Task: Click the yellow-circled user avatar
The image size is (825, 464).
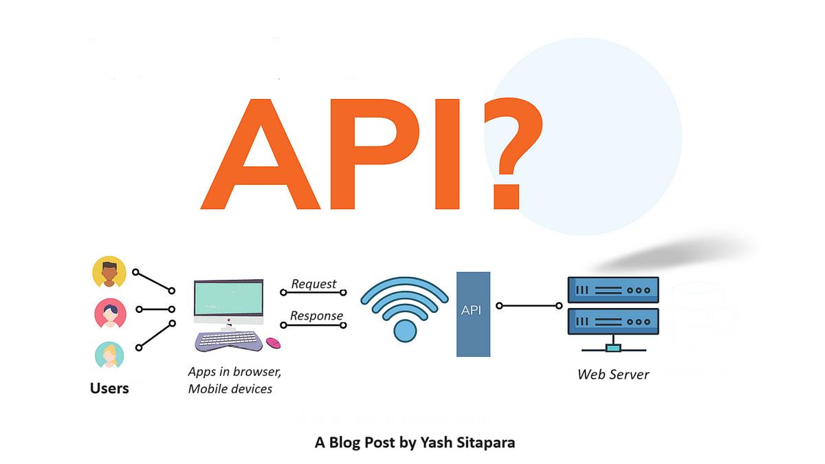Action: click(109, 273)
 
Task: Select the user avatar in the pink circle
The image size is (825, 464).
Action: click(110, 313)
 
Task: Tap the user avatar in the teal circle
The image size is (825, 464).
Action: click(109, 355)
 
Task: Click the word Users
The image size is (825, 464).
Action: click(109, 388)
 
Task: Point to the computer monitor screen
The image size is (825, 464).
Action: click(228, 300)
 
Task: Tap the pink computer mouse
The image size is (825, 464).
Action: click(273, 342)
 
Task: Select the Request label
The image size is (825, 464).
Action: click(313, 284)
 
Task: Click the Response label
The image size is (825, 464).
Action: click(316, 316)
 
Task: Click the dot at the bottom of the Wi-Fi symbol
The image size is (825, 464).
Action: click(404, 331)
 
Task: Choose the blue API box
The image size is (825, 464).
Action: click(473, 313)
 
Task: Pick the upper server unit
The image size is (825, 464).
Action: click(613, 290)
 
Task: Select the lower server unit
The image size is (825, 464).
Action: click(613, 321)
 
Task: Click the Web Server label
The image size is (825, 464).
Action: click(613, 375)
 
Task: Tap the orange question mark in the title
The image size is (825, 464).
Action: click(509, 151)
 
